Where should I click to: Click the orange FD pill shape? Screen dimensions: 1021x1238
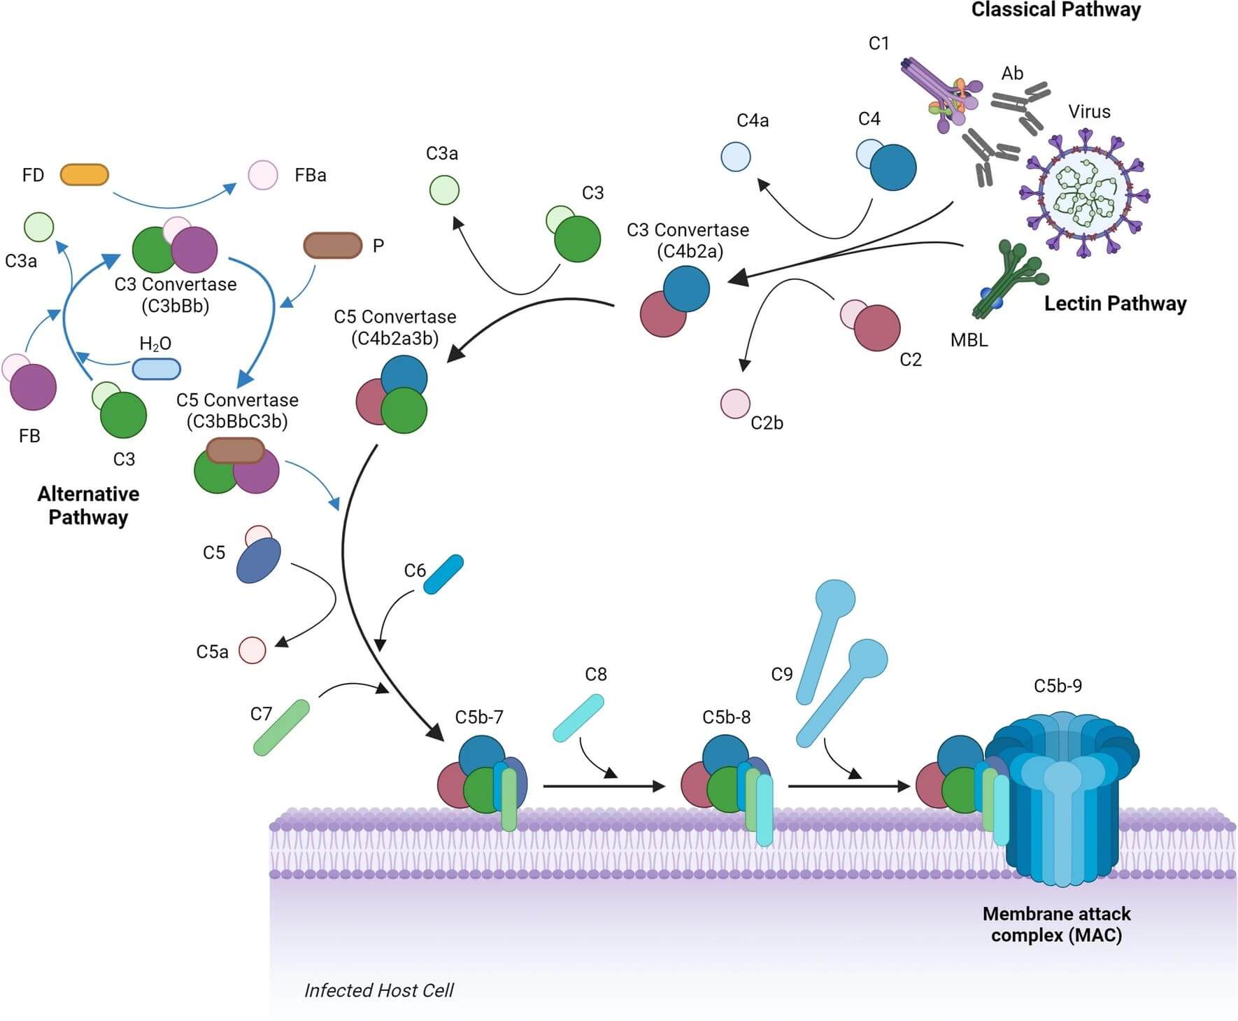(84, 175)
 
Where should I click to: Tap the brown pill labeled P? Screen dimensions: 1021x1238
(332, 246)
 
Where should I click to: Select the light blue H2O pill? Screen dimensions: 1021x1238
(156, 369)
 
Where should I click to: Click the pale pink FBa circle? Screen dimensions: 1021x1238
(263, 175)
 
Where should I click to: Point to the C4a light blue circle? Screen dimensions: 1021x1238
(735, 157)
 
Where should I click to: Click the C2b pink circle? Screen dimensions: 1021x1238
(735, 404)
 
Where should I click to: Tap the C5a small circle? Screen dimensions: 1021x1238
(252, 650)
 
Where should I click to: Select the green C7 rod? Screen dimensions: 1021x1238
(280, 728)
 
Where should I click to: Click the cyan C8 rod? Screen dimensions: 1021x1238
(578, 718)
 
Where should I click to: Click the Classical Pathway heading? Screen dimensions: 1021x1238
(1055, 10)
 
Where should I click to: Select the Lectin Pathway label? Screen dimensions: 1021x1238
(1115, 304)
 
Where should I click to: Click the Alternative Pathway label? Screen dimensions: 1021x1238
(88, 505)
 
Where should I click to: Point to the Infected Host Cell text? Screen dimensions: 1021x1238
(378, 990)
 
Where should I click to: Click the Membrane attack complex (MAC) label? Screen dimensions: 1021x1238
(1056, 924)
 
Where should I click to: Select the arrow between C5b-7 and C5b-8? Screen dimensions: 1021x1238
(603, 787)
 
